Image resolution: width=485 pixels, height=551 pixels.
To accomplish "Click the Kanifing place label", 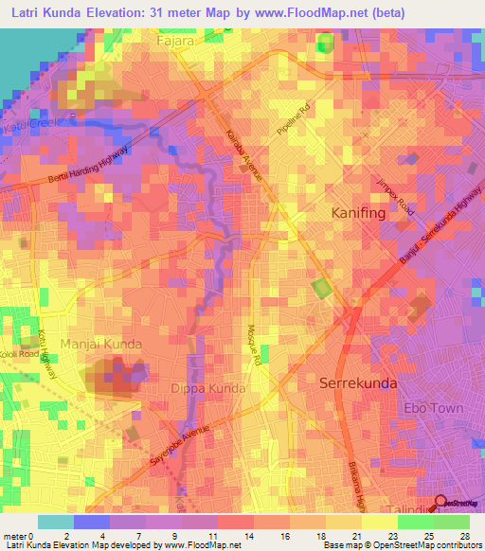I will [358, 214].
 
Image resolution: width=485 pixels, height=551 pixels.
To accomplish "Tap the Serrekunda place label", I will [358, 383].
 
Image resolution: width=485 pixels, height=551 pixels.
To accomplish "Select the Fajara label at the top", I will [176, 42].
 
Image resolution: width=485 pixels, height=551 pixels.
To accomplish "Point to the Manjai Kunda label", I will [101, 344].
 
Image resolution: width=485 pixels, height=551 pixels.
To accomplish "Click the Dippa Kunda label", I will [208, 388].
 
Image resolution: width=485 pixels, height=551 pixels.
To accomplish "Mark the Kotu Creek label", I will [28, 124].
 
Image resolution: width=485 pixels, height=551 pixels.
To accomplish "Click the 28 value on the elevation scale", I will [464, 536].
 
